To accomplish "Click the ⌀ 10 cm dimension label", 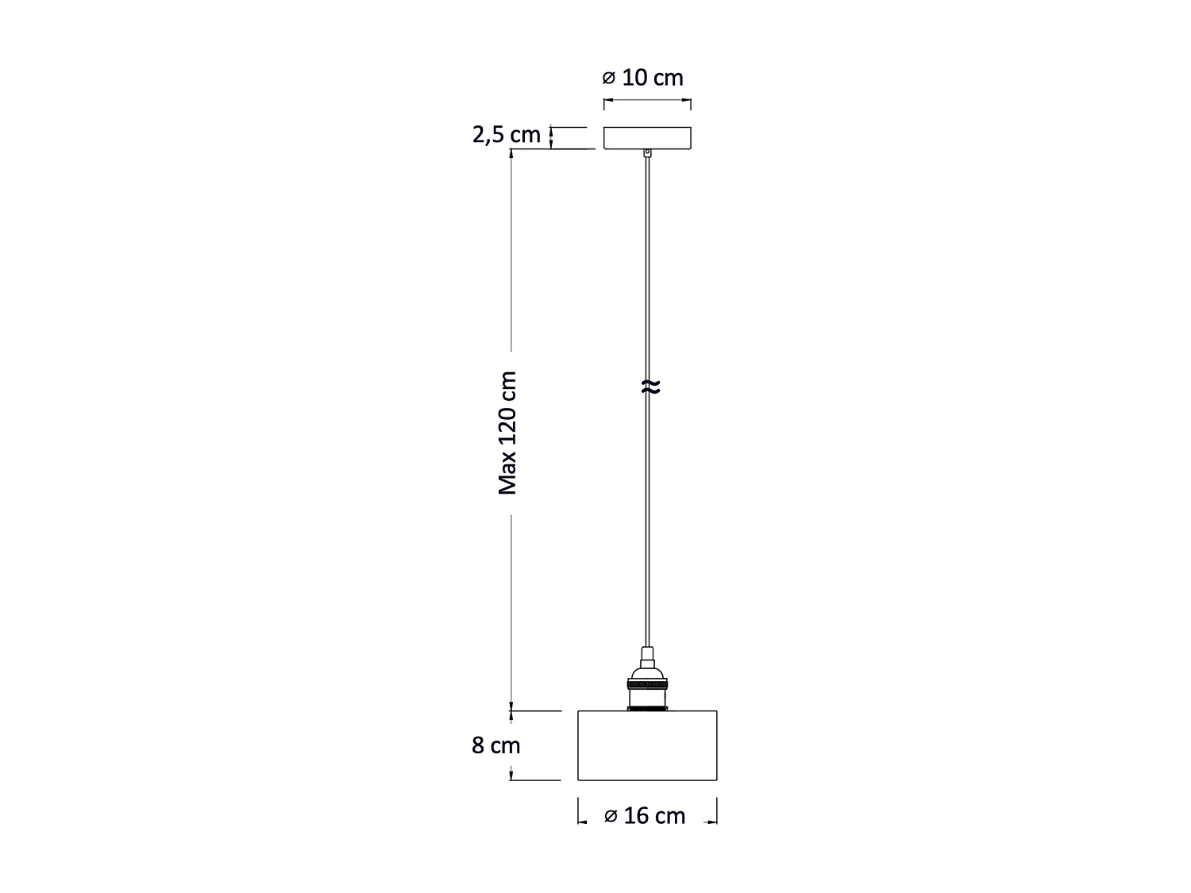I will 642,78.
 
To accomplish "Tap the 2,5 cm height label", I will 507,135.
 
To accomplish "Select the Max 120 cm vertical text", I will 507,433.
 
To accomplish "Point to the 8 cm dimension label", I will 496,746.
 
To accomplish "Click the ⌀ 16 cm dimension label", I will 644,816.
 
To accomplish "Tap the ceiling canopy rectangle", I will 647,137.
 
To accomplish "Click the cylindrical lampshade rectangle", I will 647,745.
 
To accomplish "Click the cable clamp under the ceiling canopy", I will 648,153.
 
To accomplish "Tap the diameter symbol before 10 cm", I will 609,79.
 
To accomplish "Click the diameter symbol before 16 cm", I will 611,817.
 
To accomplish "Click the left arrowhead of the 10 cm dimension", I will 607,101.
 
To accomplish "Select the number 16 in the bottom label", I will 637,816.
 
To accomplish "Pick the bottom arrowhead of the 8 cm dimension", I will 511,776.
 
